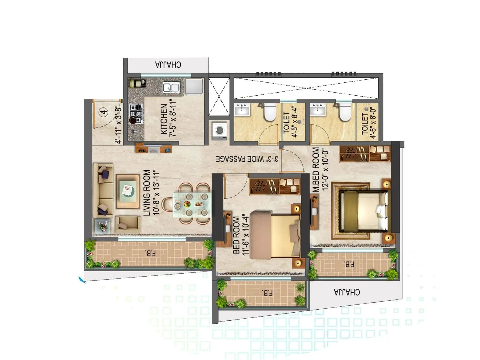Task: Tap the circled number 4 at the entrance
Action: coord(104,113)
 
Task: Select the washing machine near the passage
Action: coord(220,130)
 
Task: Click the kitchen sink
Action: coord(171,88)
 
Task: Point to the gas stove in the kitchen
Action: coord(136,114)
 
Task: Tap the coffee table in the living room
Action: coord(128,191)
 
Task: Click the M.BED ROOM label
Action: coord(316,169)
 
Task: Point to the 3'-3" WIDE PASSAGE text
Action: coord(247,159)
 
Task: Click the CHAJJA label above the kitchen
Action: coord(168,65)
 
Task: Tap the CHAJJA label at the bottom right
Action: coord(347,292)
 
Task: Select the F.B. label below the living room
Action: coord(150,253)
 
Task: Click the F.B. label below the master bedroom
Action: coord(349,264)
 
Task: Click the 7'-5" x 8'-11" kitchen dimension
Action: coord(173,118)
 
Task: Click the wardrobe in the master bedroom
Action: coord(365,153)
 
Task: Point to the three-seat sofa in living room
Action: coord(103,190)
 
